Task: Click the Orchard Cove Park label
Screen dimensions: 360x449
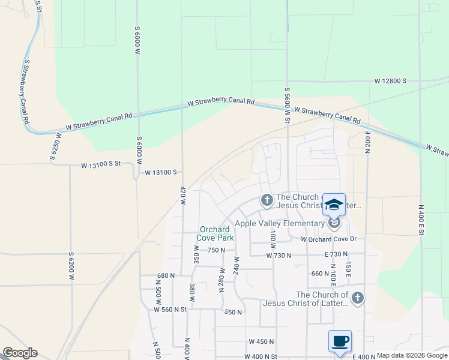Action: (x=214, y=233)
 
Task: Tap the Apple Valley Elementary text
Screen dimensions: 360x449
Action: (x=279, y=223)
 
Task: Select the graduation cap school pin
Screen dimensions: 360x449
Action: (x=334, y=205)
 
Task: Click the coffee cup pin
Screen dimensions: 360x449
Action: (x=340, y=341)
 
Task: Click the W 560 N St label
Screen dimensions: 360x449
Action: (x=170, y=310)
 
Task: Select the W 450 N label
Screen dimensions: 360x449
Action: (x=261, y=341)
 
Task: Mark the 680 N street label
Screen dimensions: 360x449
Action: (x=166, y=276)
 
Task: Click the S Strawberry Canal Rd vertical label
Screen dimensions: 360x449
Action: (x=26, y=91)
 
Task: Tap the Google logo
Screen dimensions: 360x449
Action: (x=20, y=353)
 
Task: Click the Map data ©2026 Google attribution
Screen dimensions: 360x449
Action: (x=412, y=355)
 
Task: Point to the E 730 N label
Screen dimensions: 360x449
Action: (x=336, y=255)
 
